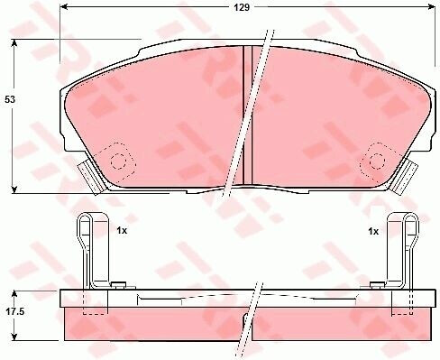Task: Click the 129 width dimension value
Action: point(242,7)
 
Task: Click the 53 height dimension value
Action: point(10,99)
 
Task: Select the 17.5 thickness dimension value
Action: point(14,312)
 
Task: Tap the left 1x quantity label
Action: point(122,231)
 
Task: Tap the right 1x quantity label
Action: point(373,231)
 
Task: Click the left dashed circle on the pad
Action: point(118,162)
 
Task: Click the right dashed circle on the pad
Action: point(377,162)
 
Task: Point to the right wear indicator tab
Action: point(405,178)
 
